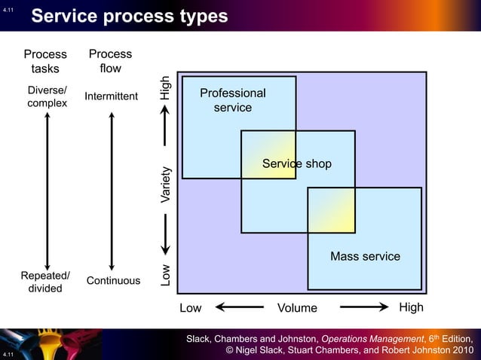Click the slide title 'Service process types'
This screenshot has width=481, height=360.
coord(129,16)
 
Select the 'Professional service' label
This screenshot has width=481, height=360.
coord(232,100)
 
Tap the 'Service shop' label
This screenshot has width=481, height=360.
coord(296,164)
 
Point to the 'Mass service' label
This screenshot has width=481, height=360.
coord(365,257)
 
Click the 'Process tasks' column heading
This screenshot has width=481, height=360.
coord(45,62)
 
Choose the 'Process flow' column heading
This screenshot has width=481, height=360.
coord(110,61)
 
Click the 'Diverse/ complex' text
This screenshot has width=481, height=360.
coord(47,96)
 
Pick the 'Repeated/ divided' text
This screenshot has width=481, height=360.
coord(45,282)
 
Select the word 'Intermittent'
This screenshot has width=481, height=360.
coord(111,96)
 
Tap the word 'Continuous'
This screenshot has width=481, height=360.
coord(113,281)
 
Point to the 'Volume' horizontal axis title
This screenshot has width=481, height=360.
coord(297,308)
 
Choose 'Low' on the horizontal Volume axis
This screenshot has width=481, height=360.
coord(191,308)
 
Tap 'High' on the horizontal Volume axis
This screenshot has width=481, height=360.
coord(411,307)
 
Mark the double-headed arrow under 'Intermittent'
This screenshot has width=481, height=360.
coord(112,191)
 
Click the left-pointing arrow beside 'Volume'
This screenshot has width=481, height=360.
coord(239,307)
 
